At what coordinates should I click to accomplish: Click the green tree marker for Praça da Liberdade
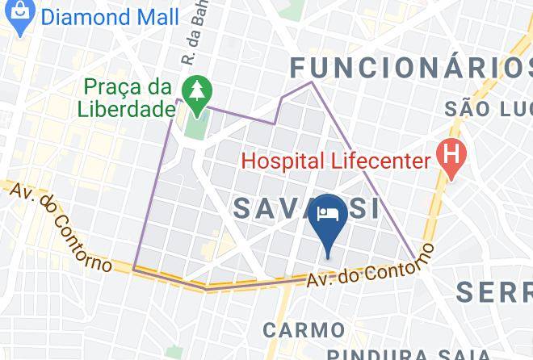194,94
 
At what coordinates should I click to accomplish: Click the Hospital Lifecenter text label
336,160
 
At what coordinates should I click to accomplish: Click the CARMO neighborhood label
303,329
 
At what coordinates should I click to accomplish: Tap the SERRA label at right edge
494,291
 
